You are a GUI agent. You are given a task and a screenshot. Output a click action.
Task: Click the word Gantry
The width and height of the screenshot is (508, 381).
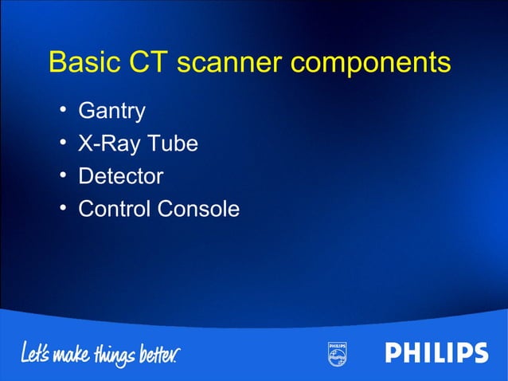tap(111, 112)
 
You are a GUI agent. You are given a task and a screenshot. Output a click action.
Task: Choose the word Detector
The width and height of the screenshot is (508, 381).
tap(120, 176)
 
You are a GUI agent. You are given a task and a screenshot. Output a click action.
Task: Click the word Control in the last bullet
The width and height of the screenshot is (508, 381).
tap(114, 209)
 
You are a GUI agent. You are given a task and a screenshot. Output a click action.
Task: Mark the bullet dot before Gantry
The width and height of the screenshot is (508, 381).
tap(62, 111)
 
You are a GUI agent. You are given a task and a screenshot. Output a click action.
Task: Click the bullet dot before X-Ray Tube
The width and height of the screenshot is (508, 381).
tap(62, 143)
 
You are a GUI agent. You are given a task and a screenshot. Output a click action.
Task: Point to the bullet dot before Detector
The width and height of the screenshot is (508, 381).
tap(62, 176)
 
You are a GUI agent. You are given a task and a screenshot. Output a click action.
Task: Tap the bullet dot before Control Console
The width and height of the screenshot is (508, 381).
tap(62, 209)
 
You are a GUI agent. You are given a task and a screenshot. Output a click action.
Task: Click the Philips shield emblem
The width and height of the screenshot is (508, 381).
tap(337, 353)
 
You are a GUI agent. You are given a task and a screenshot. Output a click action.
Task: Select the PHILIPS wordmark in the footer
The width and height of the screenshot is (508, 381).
tap(436, 352)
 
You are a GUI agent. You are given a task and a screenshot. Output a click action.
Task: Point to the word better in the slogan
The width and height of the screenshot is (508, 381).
tap(165, 351)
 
